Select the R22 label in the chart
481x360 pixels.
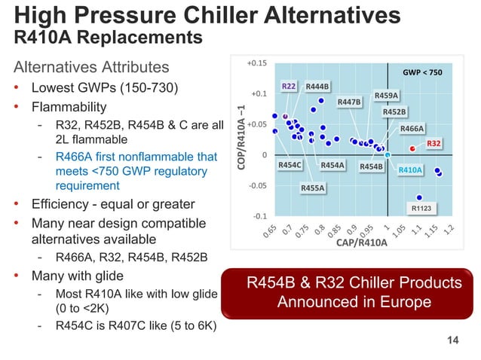(x=289, y=87)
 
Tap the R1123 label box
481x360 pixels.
(x=420, y=208)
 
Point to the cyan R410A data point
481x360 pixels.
(x=388, y=156)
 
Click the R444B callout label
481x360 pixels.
(x=317, y=87)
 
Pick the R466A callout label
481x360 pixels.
(x=412, y=129)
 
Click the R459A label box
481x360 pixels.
(x=386, y=96)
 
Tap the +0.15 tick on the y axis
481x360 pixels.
(x=257, y=63)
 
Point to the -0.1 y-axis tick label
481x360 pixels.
(x=259, y=215)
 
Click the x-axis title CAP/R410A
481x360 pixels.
(x=361, y=243)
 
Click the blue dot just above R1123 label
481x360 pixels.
(x=419, y=197)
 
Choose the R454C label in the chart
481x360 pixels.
(x=290, y=164)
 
